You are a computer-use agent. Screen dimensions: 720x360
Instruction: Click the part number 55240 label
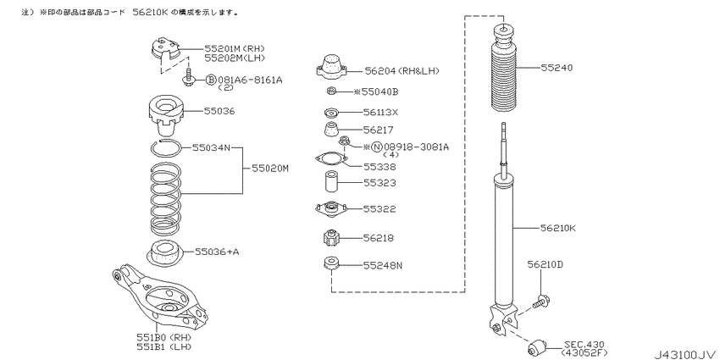pyautogui.click(x=557, y=68)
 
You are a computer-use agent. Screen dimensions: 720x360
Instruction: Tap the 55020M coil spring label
pyautogui.click(x=270, y=169)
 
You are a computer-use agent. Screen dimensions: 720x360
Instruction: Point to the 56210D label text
pyautogui.click(x=545, y=264)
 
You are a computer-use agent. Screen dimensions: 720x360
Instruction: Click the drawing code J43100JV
pyautogui.click(x=684, y=354)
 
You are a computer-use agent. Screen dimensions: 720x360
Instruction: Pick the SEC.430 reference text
pyautogui.click(x=584, y=344)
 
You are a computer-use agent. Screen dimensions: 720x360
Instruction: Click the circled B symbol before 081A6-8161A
pyautogui.click(x=210, y=80)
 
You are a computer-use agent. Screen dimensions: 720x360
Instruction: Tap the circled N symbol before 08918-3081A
pyautogui.click(x=377, y=147)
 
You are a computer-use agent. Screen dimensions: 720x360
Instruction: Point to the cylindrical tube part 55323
pyautogui.click(x=331, y=182)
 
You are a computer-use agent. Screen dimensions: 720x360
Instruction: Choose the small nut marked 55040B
pyautogui.click(x=331, y=91)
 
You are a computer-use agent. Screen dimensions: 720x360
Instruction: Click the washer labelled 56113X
pyautogui.click(x=330, y=112)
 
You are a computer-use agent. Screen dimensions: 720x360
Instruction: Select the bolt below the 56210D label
pyautogui.click(x=541, y=302)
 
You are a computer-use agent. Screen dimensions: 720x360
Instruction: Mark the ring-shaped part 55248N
pyautogui.click(x=330, y=263)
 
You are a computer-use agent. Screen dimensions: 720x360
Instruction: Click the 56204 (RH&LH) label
pyautogui.click(x=402, y=70)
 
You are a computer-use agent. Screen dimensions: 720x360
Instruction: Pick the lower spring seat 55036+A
pyautogui.click(x=164, y=253)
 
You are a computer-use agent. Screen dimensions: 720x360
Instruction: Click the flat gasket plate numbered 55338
pyautogui.click(x=331, y=159)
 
